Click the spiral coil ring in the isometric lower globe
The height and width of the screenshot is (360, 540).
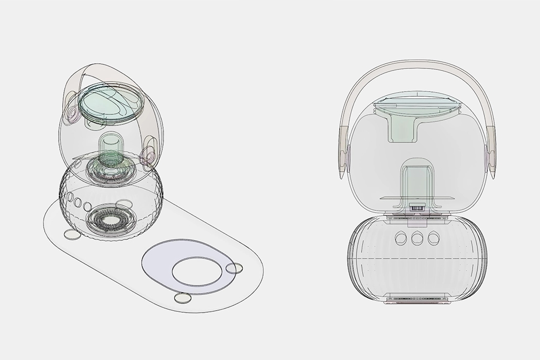pos(109,221)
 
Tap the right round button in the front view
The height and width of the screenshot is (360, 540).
pos(434,238)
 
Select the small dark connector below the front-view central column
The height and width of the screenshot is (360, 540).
pos(418,209)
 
